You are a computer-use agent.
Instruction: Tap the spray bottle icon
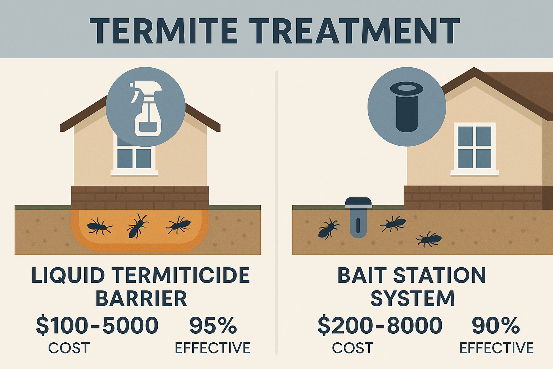click(x=146, y=108)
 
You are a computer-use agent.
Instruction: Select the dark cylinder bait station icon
click(x=407, y=107)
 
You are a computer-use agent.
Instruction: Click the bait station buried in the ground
click(x=358, y=218)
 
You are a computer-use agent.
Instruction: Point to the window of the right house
click(x=475, y=148)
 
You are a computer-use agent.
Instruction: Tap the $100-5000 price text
click(x=97, y=325)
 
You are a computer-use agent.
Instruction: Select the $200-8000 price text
click(x=380, y=325)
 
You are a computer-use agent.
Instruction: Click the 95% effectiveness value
click(x=213, y=325)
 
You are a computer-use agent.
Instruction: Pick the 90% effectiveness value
click(x=496, y=325)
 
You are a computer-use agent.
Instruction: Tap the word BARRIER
click(x=141, y=299)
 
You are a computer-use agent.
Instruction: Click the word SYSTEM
click(x=413, y=299)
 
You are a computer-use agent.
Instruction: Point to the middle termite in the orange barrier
click(x=137, y=226)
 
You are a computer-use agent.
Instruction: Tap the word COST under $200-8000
click(x=352, y=348)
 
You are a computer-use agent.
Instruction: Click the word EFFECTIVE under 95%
click(x=212, y=348)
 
